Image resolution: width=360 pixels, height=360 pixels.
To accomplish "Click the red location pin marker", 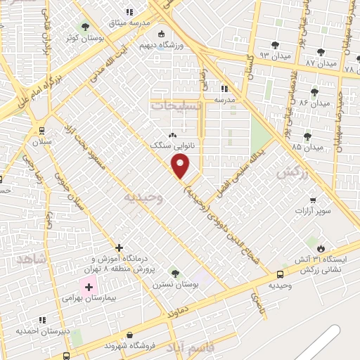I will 181,167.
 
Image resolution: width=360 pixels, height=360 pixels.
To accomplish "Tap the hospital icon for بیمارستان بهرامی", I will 89,287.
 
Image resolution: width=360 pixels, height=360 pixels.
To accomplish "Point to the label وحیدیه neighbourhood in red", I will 143,198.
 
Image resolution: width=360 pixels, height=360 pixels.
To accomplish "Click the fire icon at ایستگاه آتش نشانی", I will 321,247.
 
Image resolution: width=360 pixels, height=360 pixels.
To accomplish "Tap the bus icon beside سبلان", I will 42,130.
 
